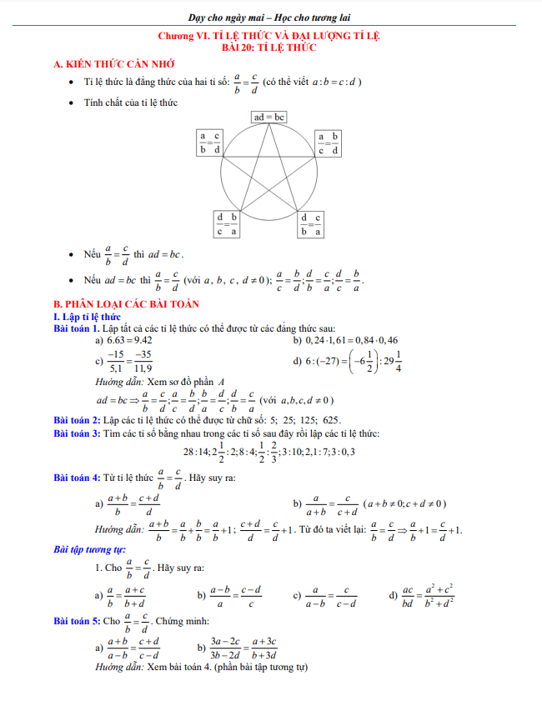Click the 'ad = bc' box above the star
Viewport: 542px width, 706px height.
[269, 118]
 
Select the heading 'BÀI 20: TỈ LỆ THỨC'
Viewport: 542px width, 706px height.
[270, 49]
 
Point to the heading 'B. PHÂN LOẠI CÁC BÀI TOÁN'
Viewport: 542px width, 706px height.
[123, 304]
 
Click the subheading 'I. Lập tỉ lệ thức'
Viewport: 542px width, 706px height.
[87, 317]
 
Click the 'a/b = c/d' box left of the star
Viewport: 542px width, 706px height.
[209, 143]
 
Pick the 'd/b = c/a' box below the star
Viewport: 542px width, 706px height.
[310, 224]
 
